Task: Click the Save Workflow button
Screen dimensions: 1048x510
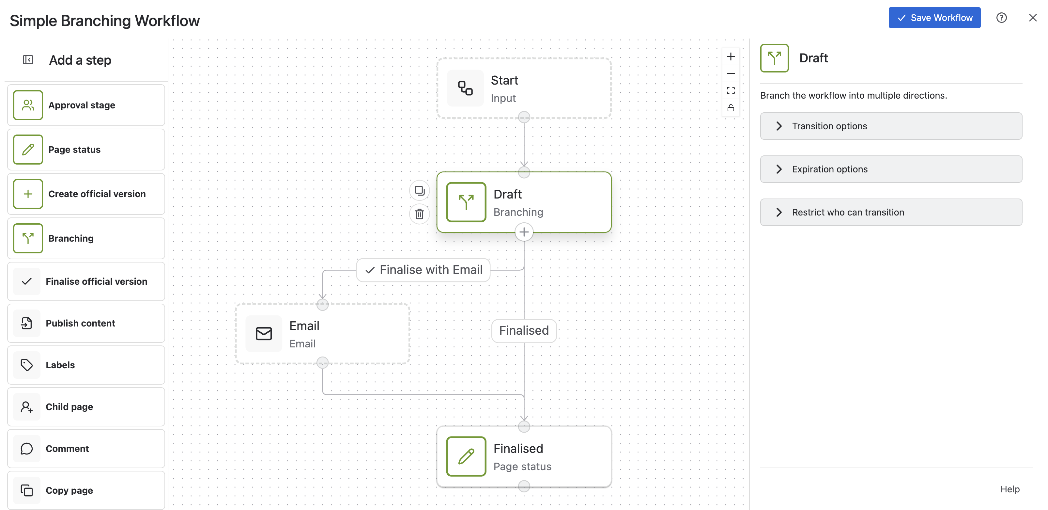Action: click(x=934, y=18)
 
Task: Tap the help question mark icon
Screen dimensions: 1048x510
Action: click(x=1002, y=18)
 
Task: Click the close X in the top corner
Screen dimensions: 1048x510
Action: click(x=1033, y=18)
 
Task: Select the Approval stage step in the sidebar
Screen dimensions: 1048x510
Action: click(x=86, y=105)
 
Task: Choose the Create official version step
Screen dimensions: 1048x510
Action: click(x=86, y=194)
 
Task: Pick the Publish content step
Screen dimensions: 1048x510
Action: click(x=86, y=323)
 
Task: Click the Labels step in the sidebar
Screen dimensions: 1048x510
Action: click(x=86, y=365)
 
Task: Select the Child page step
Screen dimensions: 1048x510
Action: click(x=86, y=407)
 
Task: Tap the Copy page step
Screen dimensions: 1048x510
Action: click(x=86, y=490)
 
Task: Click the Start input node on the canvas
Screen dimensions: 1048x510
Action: click(x=524, y=88)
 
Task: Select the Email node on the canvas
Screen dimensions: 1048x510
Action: click(x=323, y=334)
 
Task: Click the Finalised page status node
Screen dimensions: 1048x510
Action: click(x=524, y=457)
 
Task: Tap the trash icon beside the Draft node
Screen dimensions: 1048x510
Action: click(x=420, y=214)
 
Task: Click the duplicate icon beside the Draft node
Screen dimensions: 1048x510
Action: click(x=420, y=190)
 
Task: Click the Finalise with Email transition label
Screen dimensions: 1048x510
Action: click(x=423, y=270)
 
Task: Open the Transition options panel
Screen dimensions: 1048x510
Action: click(x=891, y=126)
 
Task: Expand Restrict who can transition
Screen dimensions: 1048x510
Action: click(x=891, y=212)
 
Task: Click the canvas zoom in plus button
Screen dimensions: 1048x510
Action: click(x=731, y=56)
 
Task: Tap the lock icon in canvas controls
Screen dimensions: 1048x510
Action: click(x=731, y=108)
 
